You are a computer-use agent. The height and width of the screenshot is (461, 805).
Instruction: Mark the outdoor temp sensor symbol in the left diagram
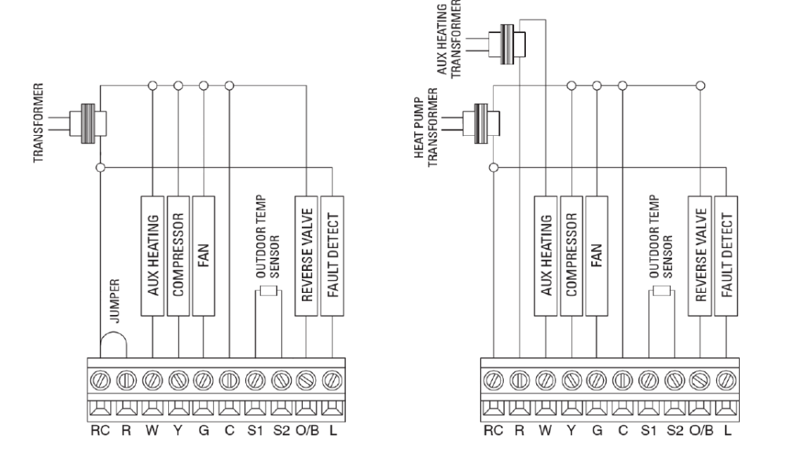[269, 292]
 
